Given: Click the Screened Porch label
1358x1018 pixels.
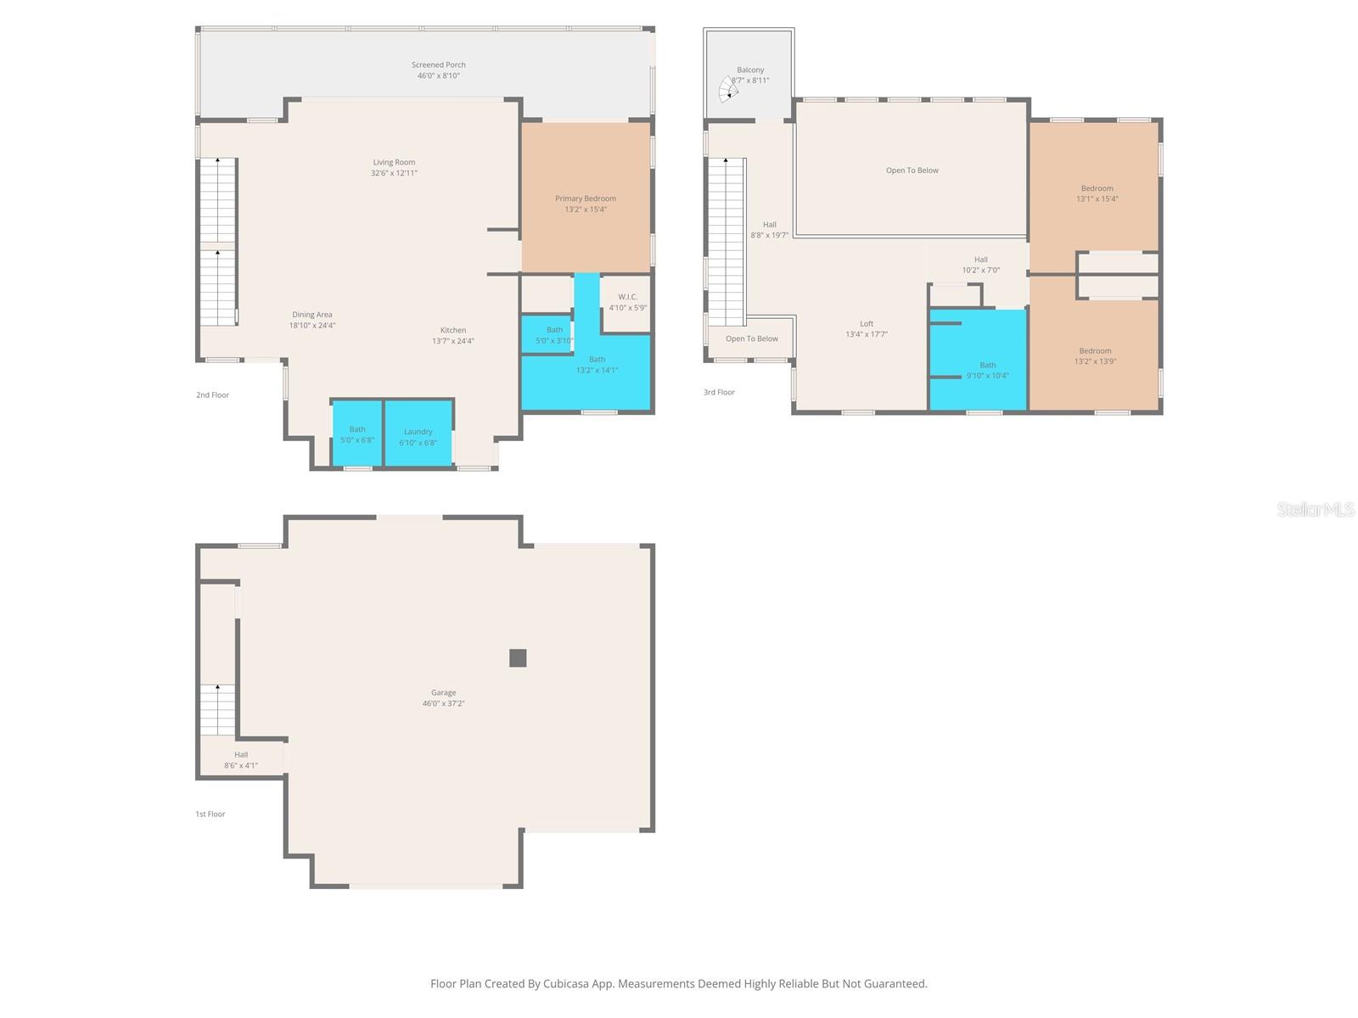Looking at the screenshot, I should [438, 64].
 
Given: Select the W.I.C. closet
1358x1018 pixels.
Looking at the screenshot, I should [627, 302].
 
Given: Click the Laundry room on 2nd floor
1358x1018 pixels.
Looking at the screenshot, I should [418, 434].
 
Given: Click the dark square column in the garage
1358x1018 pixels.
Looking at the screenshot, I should [518, 657].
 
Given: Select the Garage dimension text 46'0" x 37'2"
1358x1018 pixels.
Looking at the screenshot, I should [443, 703].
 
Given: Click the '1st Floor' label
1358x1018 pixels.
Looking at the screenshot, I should [210, 814].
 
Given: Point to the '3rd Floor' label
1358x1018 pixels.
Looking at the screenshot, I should [719, 392].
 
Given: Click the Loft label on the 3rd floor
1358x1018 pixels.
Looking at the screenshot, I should [866, 323].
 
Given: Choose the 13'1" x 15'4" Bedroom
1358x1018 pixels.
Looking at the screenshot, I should [1097, 193].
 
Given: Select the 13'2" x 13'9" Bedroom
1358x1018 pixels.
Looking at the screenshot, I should [1095, 355].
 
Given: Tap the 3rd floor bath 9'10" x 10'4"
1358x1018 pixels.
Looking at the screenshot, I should [987, 370].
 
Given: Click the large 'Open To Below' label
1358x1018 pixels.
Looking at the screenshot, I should [912, 171].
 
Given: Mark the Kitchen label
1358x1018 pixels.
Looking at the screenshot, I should [452, 330].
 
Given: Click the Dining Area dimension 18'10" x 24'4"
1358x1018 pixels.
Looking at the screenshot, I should [312, 325].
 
